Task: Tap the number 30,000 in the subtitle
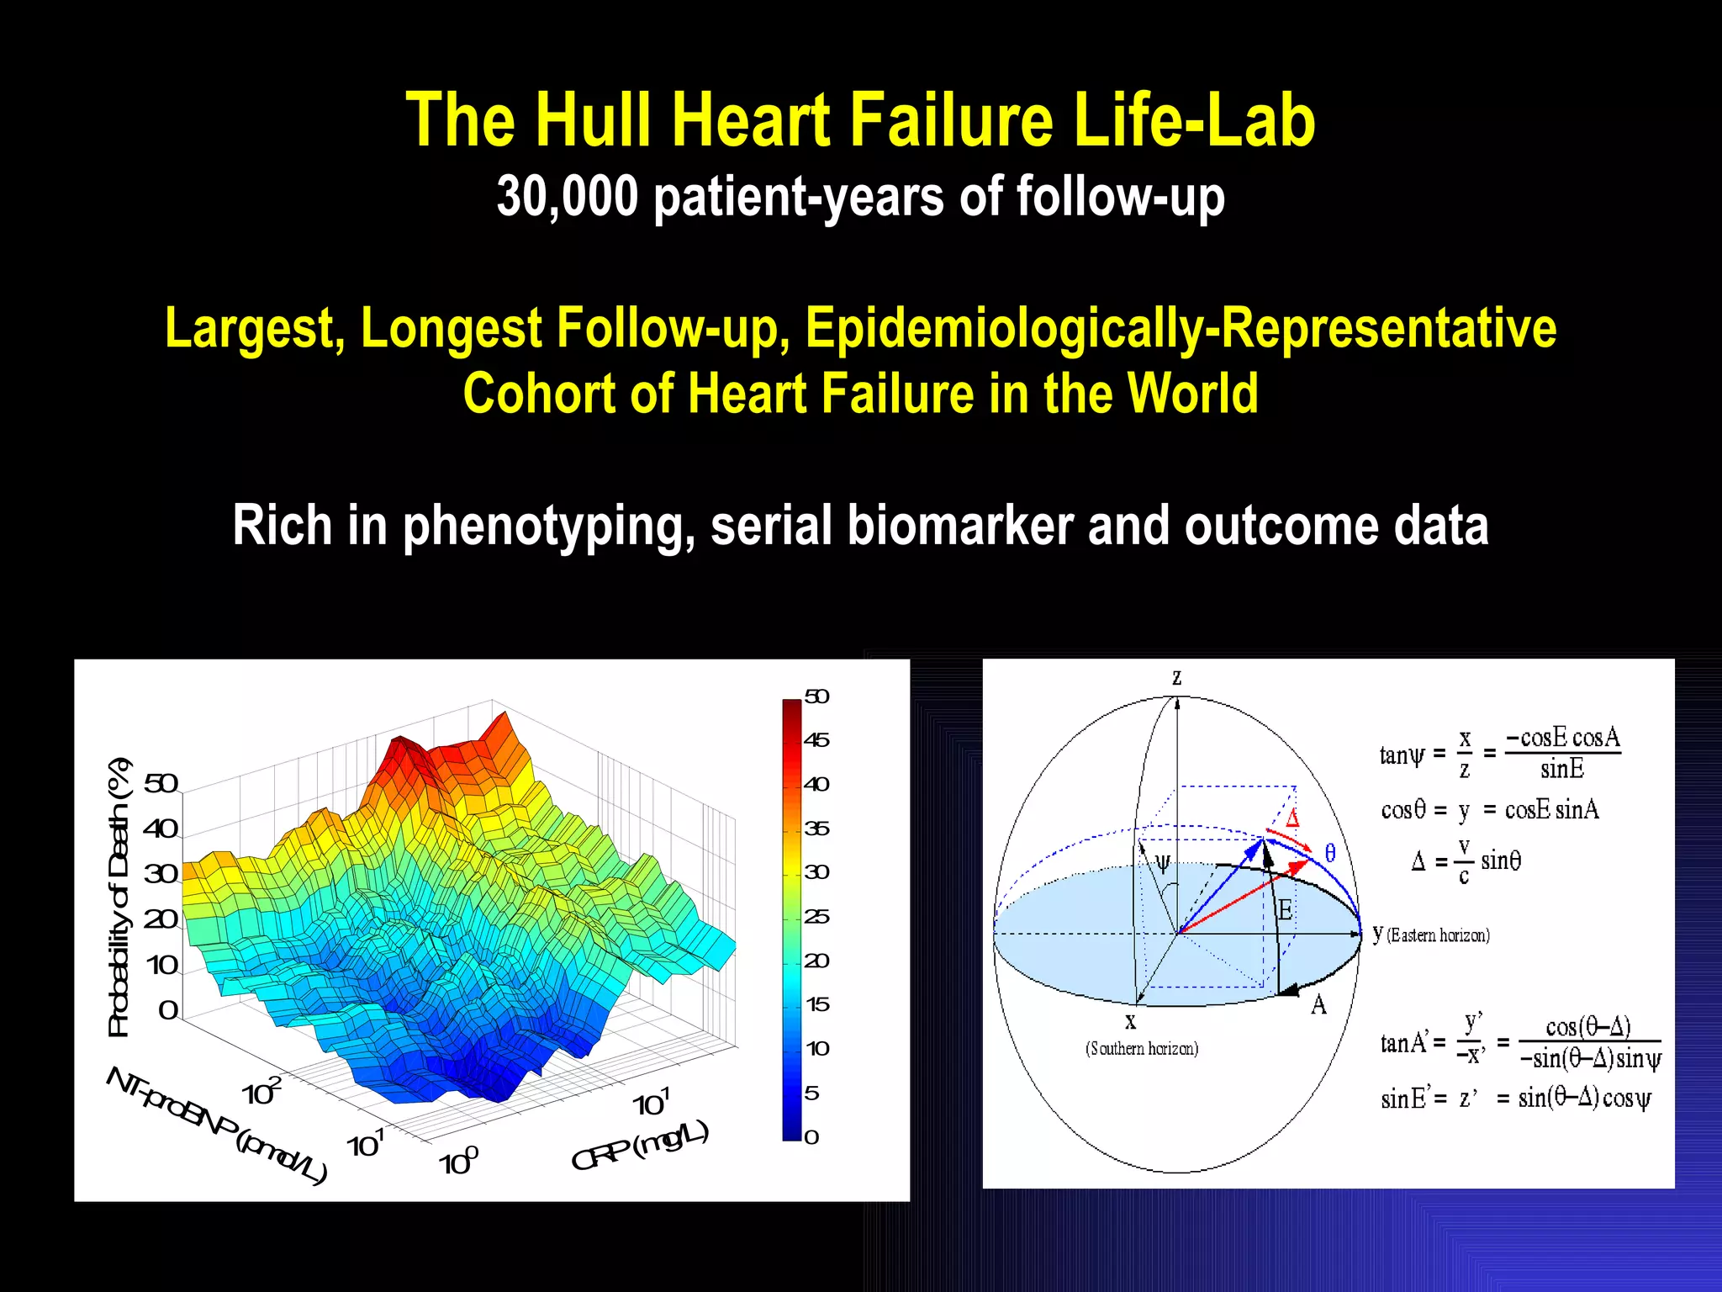(567, 197)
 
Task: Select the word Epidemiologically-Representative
(1181, 328)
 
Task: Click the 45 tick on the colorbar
(816, 740)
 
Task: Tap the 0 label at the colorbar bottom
(811, 1137)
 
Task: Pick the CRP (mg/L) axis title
(640, 1146)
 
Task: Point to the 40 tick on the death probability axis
(161, 829)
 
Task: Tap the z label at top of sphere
(1177, 677)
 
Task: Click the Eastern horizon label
(1438, 935)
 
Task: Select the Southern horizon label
(1142, 1048)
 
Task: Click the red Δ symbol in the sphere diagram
(1292, 818)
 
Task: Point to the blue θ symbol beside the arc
(1330, 853)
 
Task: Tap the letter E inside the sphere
(1285, 910)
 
